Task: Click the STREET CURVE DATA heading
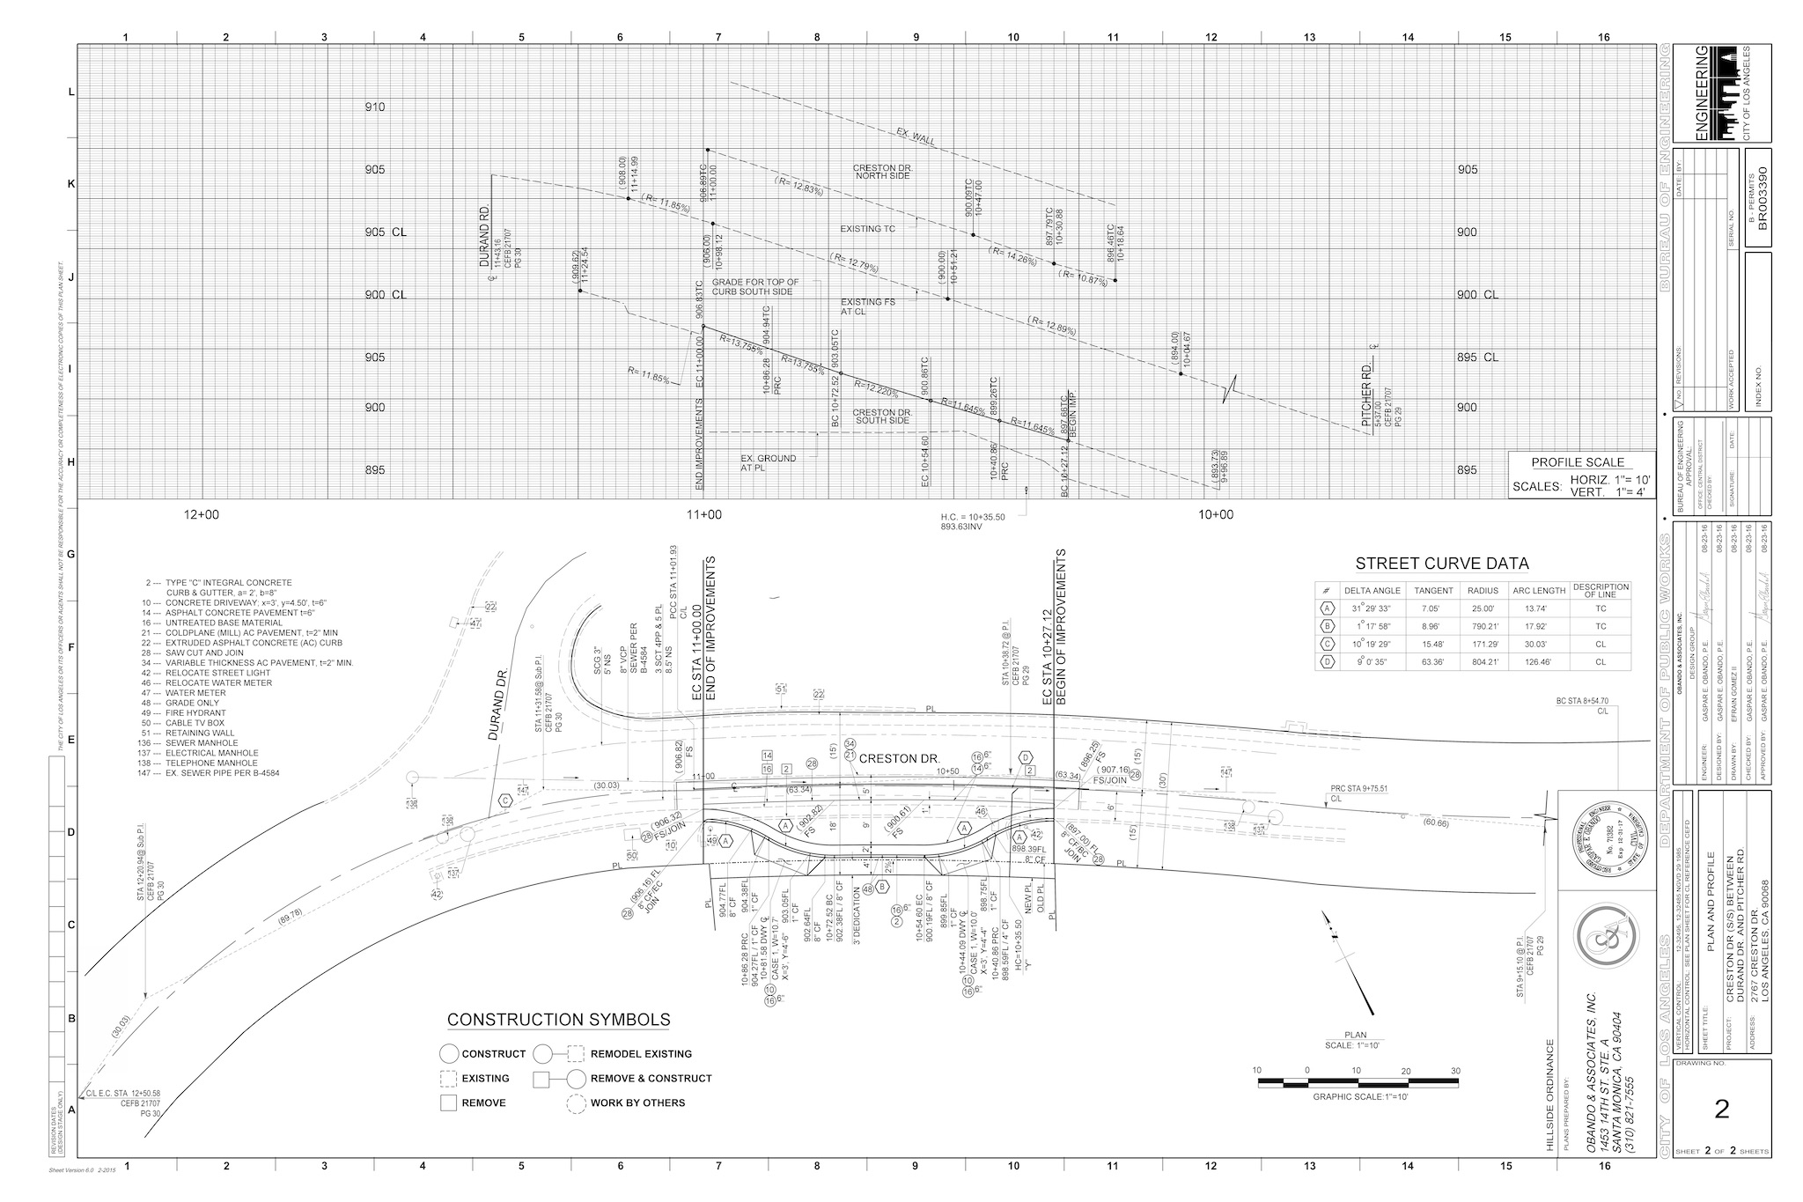pyautogui.click(x=1441, y=564)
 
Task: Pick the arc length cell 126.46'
pyautogui.click(x=1538, y=661)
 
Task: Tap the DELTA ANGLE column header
pyautogui.click(x=1371, y=590)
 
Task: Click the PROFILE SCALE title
pyautogui.click(x=1578, y=462)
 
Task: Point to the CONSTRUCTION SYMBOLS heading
pyautogui.click(x=558, y=1020)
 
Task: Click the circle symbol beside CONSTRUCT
pyautogui.click(x=449, y=1053)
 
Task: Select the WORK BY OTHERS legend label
pyautogui.click(x=637, y=1102)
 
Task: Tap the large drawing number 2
pyautogui.click(x=1722, y=1109)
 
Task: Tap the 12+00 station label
pyautogui.click(x=202, y=514)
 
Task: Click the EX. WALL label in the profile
pyautogui.click(x=916, y=138)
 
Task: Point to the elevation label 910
pyautogui.click(x=375, y=107)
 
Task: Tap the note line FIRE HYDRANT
pyautogui.click(x=195, y=712)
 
